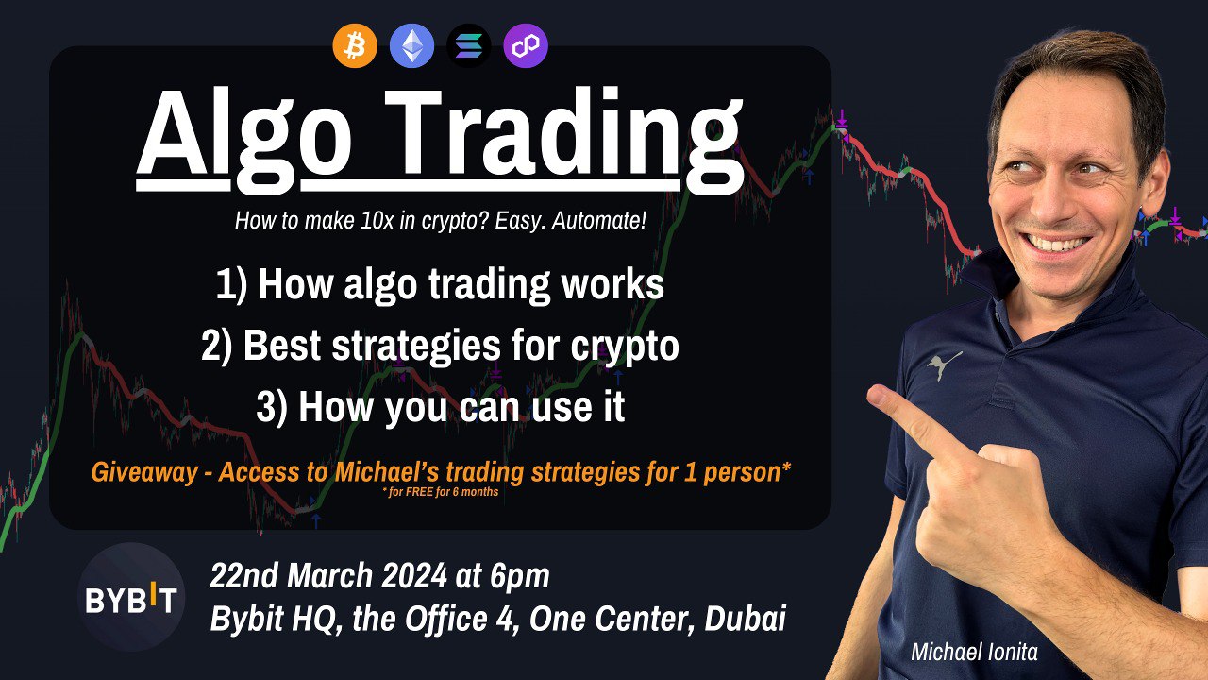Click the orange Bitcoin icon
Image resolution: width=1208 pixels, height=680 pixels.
click(x=355, y=45)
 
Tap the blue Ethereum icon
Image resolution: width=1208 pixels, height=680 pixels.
click(x=411, y=45)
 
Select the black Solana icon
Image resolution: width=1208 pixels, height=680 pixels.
click(x=468, y=45)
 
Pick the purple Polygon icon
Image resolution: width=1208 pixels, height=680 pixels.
click(x=525, y=45)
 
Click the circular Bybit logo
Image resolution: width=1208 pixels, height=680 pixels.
click(x=130, y=598)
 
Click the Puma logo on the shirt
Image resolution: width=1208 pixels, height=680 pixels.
click(x=944, y=365)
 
